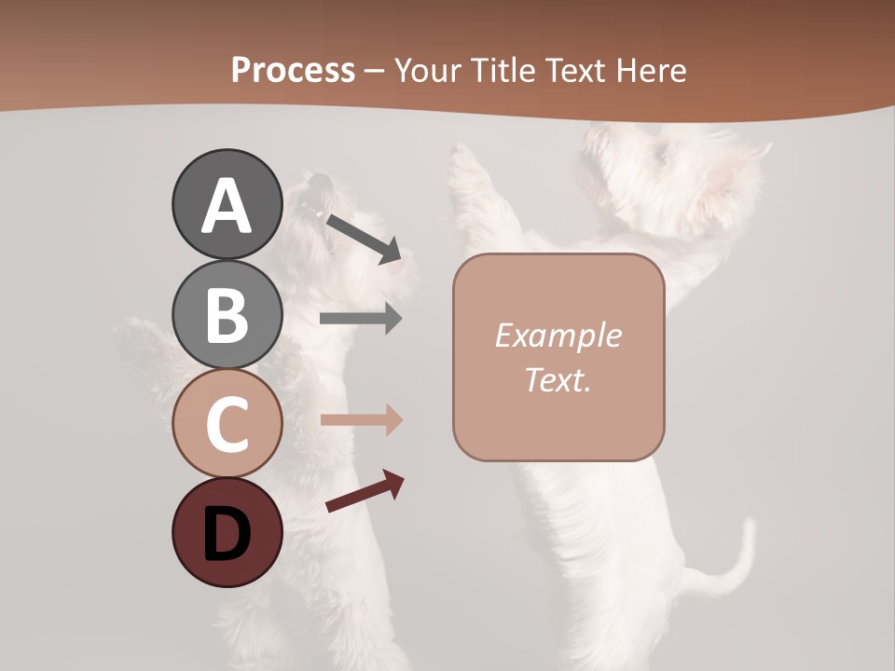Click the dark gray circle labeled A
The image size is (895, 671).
point(227,205)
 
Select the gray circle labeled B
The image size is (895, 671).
point(227,314)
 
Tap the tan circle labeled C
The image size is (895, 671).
point(227,423)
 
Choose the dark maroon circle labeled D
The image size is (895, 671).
point(227,532)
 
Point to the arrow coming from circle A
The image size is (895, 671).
point(364,238)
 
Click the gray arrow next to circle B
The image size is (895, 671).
point(361,319)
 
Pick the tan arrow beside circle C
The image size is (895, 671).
point(361,419)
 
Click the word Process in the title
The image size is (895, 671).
point(293,70)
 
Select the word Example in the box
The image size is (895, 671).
point(558,335)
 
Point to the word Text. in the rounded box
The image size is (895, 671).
point(558,379)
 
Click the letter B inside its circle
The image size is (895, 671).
point(227,315)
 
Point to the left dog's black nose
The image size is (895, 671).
point(320,180)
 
